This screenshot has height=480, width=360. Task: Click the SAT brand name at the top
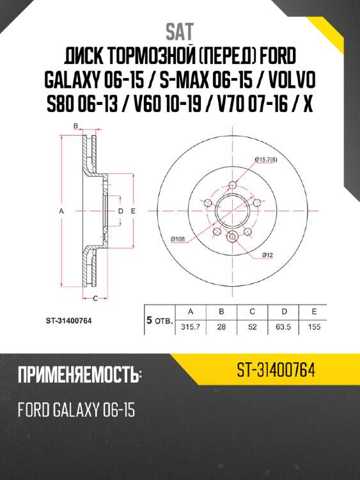[180, 30]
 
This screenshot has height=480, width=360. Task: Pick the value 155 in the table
[315, 326]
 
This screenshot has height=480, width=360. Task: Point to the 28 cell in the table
[221, 326]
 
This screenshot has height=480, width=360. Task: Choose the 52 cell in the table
[252, 326]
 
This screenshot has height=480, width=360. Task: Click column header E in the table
[315, 311]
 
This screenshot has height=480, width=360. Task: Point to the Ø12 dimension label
[267, 255]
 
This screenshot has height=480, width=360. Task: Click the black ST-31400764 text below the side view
[70, 321]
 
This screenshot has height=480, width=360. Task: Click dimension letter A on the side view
[63, 210]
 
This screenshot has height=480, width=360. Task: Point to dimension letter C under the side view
[95, 299]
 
